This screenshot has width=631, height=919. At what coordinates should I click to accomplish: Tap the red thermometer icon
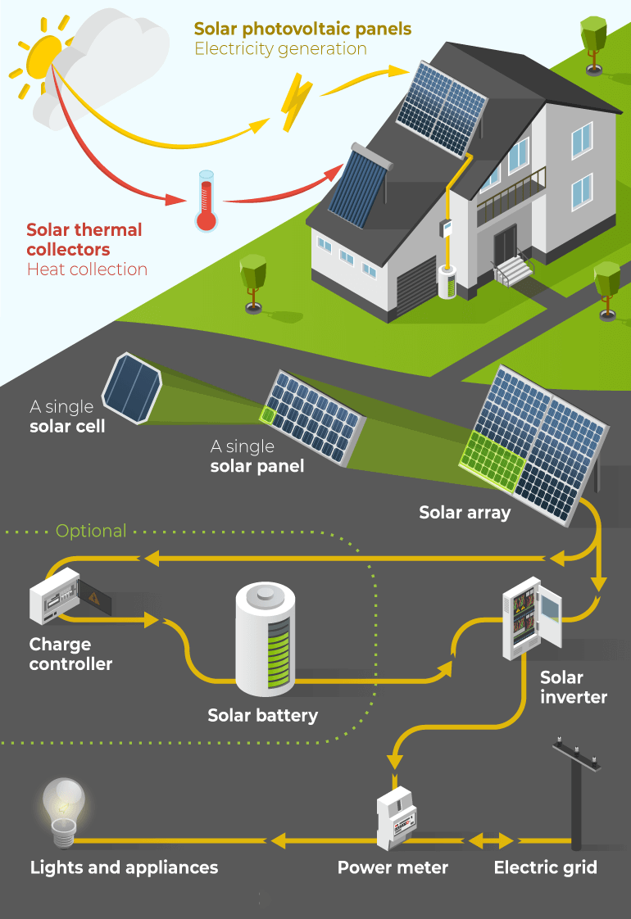click(205, 201)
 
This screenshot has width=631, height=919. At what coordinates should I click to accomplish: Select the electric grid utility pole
click(576, 795)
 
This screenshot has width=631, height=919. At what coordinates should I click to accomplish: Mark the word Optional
click(91, 531)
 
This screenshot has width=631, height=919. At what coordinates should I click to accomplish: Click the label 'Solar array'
click(465, 513)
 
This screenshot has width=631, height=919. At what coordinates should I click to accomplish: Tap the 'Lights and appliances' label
click(125, 867)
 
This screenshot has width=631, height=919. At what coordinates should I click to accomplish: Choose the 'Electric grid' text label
click(545, 867)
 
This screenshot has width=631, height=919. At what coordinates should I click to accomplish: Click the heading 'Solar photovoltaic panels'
click(302, 29)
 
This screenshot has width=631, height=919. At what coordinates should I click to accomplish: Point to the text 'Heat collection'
click(87, 269)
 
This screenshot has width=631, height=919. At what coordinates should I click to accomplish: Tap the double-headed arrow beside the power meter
click(490, 840)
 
